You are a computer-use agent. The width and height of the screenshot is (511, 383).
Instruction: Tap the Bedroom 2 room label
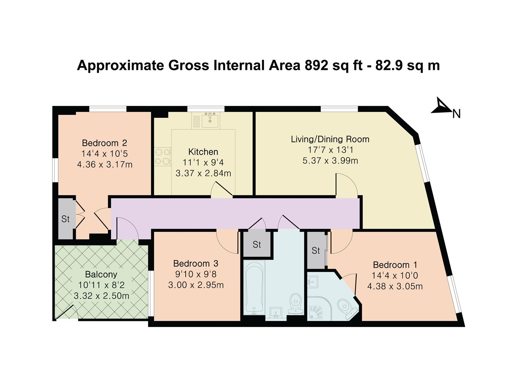click(104, 143)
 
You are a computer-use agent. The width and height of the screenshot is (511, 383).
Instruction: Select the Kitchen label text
click(203, 152)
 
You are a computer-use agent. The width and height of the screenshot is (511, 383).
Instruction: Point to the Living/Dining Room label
click(330, 139)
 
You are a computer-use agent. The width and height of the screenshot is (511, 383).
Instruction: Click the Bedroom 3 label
click(196, 263)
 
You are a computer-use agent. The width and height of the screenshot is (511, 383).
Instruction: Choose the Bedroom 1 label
click(395, 265)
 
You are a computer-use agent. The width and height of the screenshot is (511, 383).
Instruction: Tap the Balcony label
click(101, 274)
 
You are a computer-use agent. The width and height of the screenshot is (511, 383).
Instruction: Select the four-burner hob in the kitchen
click(163, 157)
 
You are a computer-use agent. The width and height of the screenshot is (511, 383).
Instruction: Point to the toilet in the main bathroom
click(295, 303)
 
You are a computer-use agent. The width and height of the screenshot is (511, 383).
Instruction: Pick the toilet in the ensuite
click(345, 306)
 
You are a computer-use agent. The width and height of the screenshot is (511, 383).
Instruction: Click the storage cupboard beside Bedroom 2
click(66, 219)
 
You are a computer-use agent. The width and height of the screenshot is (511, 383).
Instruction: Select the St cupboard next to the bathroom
click(257, 244)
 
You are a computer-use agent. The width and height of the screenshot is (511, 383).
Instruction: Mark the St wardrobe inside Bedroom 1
click(316, 250)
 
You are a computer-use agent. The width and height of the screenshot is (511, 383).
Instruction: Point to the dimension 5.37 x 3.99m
click(330, 161)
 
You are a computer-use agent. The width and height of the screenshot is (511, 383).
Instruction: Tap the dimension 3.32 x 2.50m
click(101, 295)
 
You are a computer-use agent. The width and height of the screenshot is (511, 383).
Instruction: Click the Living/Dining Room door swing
click(346, 184)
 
